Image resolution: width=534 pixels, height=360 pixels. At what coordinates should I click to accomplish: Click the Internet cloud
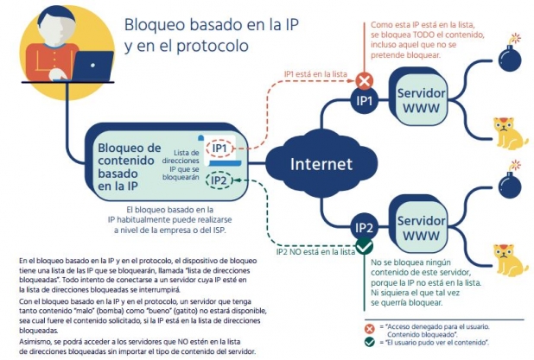tap(321, 164)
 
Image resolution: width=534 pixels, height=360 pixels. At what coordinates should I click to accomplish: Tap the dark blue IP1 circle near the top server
tap(365, 101)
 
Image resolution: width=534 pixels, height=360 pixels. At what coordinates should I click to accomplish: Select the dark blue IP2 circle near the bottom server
tap(365, 228)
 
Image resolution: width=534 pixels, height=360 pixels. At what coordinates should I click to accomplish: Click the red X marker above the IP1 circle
tap(365, 81)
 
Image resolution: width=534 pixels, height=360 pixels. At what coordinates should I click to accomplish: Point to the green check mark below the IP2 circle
tap(364, 247)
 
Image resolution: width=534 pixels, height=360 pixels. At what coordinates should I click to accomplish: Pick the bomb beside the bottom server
tap(510, 181)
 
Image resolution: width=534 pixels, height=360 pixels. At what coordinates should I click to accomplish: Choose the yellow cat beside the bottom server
tap(510, 261)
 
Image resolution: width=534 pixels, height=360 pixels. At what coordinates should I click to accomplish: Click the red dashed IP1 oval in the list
tap(219, 148)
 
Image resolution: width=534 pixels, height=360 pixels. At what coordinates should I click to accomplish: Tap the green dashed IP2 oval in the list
tap(219, 180)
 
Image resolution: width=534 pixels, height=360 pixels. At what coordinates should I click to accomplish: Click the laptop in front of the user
tap(93, 66)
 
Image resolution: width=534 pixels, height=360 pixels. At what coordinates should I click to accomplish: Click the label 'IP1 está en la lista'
tap(315, 74)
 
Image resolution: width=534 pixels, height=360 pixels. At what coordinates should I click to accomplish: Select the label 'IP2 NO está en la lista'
tap(315, 252)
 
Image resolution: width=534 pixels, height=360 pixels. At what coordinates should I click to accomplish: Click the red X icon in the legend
tap(370, 329)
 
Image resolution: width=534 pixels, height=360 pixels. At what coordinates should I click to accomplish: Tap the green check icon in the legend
tap(370, 342)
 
